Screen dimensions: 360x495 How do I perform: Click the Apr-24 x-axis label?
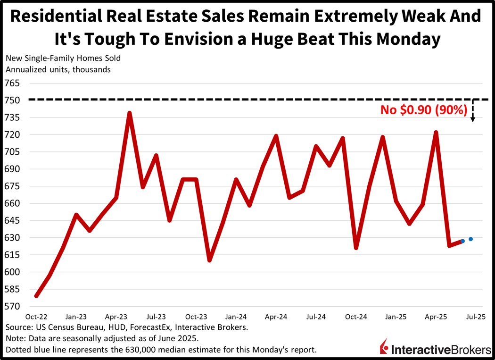pos(276,317)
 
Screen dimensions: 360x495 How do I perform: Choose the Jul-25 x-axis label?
pos(475,317)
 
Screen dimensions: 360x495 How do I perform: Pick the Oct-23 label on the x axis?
pos(196,317)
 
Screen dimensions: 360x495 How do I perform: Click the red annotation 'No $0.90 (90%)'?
pos(424,110)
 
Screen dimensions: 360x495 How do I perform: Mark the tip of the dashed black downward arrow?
pos(473,121)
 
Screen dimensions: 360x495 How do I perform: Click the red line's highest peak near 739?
pos(129,113)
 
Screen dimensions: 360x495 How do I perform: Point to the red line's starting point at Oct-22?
pos(36,296)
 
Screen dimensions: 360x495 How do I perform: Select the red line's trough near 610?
pos(209,260)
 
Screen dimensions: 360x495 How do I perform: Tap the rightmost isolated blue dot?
pos(471,239)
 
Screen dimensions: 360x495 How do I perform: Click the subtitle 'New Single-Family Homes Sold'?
pos(63,59)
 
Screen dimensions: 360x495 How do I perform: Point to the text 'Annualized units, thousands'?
pos(58,69)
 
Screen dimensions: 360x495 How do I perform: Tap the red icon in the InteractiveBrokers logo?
pos(385,347)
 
